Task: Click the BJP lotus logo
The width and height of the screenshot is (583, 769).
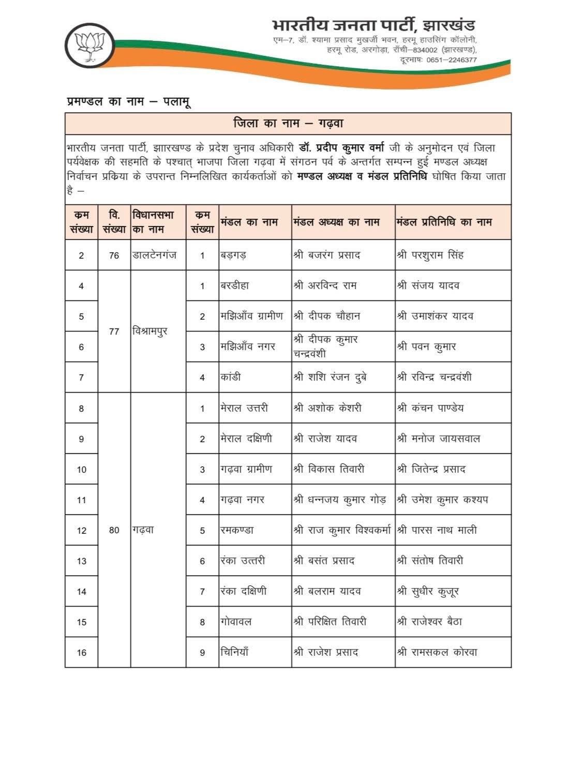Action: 91,44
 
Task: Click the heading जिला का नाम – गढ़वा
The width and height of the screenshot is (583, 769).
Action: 288,124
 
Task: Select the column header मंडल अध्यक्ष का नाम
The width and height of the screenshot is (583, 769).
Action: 336,222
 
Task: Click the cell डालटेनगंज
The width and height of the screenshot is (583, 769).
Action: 155,255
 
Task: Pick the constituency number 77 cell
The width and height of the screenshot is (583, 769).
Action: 114,331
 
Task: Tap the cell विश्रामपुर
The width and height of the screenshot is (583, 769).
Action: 150,331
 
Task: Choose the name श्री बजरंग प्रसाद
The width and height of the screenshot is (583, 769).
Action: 327,255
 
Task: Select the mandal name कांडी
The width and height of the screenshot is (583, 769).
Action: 230,377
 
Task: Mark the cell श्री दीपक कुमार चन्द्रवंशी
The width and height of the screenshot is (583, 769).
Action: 326,346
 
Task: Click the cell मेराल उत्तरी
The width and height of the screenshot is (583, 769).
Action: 244,408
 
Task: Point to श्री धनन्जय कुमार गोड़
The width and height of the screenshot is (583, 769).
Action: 340,500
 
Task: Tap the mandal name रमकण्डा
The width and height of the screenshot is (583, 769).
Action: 237,530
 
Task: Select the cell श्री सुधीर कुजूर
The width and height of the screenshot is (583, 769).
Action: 428,591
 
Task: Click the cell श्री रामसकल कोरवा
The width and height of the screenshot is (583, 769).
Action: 437,652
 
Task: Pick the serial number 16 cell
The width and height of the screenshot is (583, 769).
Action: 81,653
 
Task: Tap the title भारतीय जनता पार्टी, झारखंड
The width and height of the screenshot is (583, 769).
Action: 373,25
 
